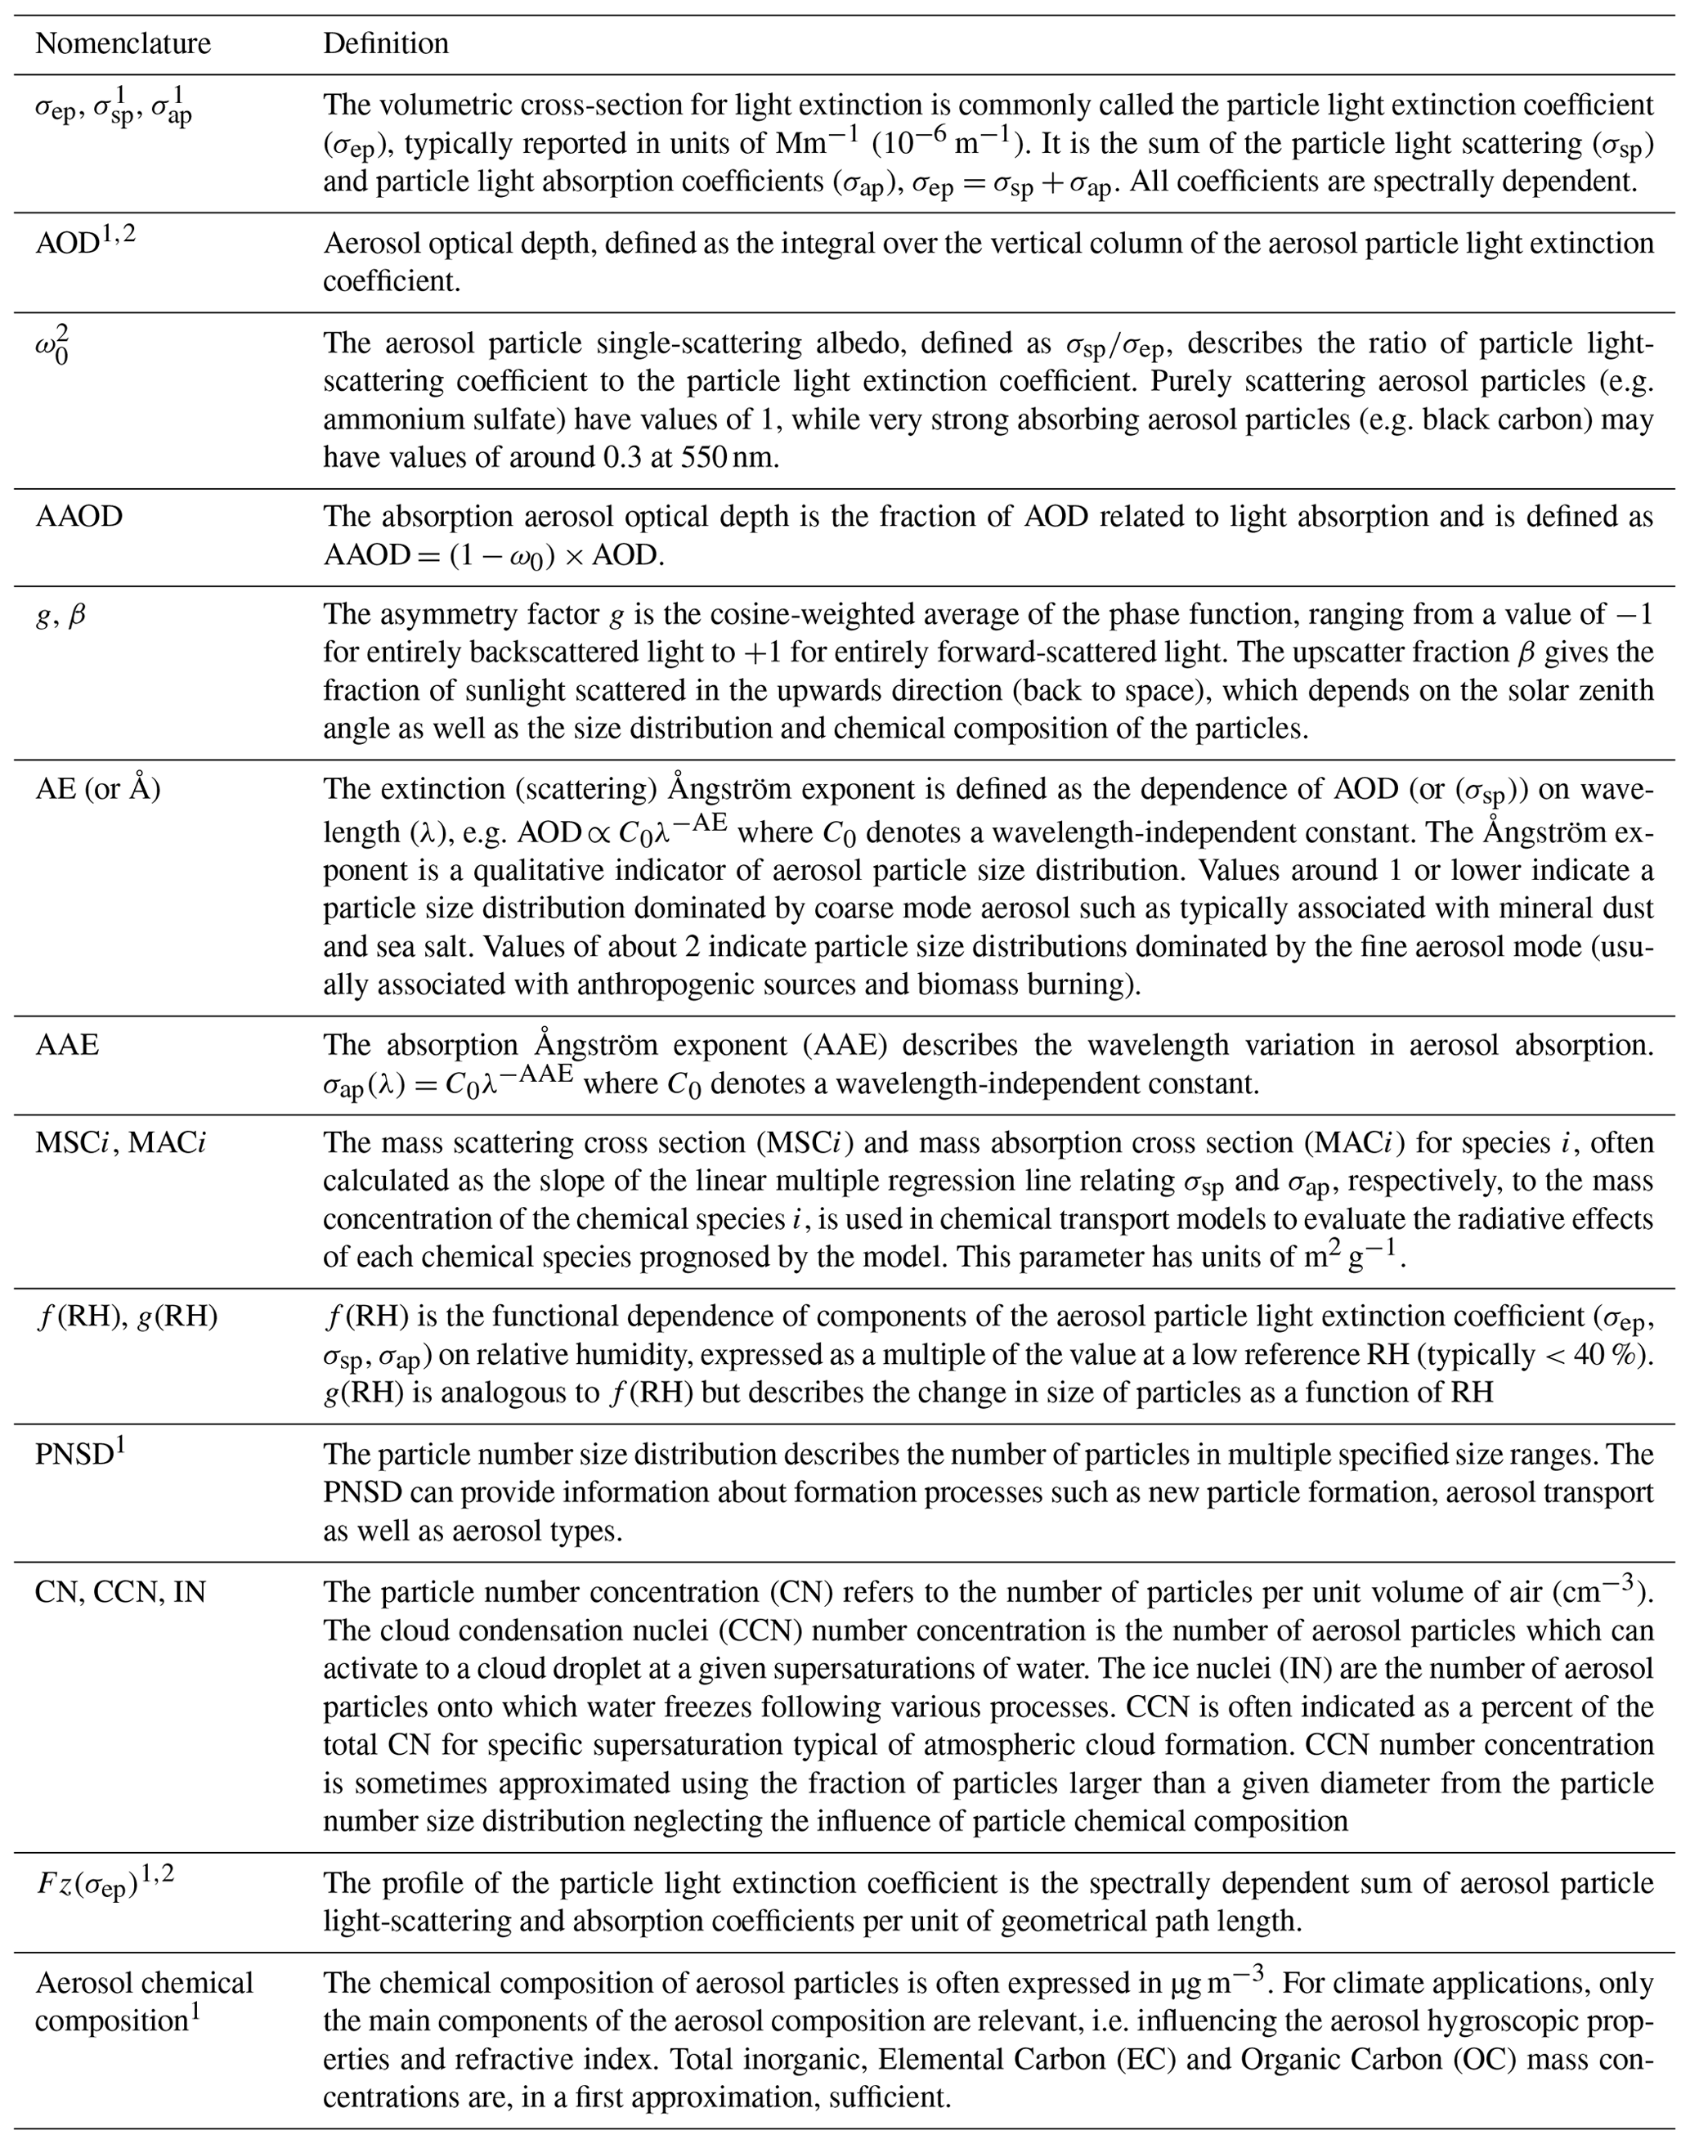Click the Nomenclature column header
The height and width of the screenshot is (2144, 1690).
123,43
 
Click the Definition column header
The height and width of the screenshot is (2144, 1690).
386,43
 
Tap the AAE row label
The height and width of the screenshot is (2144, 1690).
67,1045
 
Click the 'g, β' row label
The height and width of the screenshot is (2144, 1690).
61,617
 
